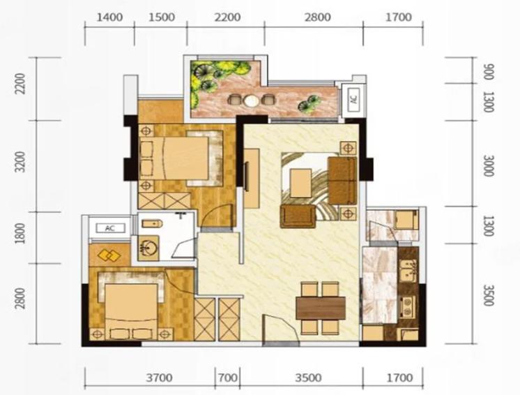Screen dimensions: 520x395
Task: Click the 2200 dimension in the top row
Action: pyautogui.click(x=227, y=17)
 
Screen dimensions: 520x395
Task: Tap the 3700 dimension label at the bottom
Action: pyautogui.click(x=160, y=378)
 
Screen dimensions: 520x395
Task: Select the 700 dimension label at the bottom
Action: pyautogui.click(x=227, y=378)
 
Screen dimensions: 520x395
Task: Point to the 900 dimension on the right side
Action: pyautogui.click(x=489, y=71)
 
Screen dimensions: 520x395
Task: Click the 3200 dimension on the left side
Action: pyautogui.click(x=20, y=162)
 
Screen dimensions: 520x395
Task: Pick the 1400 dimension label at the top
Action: pyautogui.click(x=109, y=17)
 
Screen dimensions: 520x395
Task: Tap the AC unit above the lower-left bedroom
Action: pyautogui.click(x=110, y=228)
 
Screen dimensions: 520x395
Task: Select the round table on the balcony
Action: pyautogui.click(x=250, y=100)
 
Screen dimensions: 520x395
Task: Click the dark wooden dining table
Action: pyautogui.click(x=321, y=308)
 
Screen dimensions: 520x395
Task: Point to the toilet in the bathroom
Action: pyautogui.click(x=152, y=224)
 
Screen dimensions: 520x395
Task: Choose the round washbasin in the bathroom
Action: pyautogui.click(x=148, y=248)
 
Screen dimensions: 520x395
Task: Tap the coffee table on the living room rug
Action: pyautogui.click(x=300, y=183)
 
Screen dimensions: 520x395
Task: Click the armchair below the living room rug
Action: pyautogui.click(x=298, y=216)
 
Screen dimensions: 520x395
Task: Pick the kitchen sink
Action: pyautogui.click(x=408, y=271)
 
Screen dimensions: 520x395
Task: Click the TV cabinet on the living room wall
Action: pyautogui.click(x=252, y=178)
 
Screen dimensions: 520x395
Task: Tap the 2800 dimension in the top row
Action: pyautogui.click(x=318, y=17)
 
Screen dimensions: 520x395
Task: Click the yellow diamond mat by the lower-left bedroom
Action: pyautogui.click(x=109, y=255)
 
